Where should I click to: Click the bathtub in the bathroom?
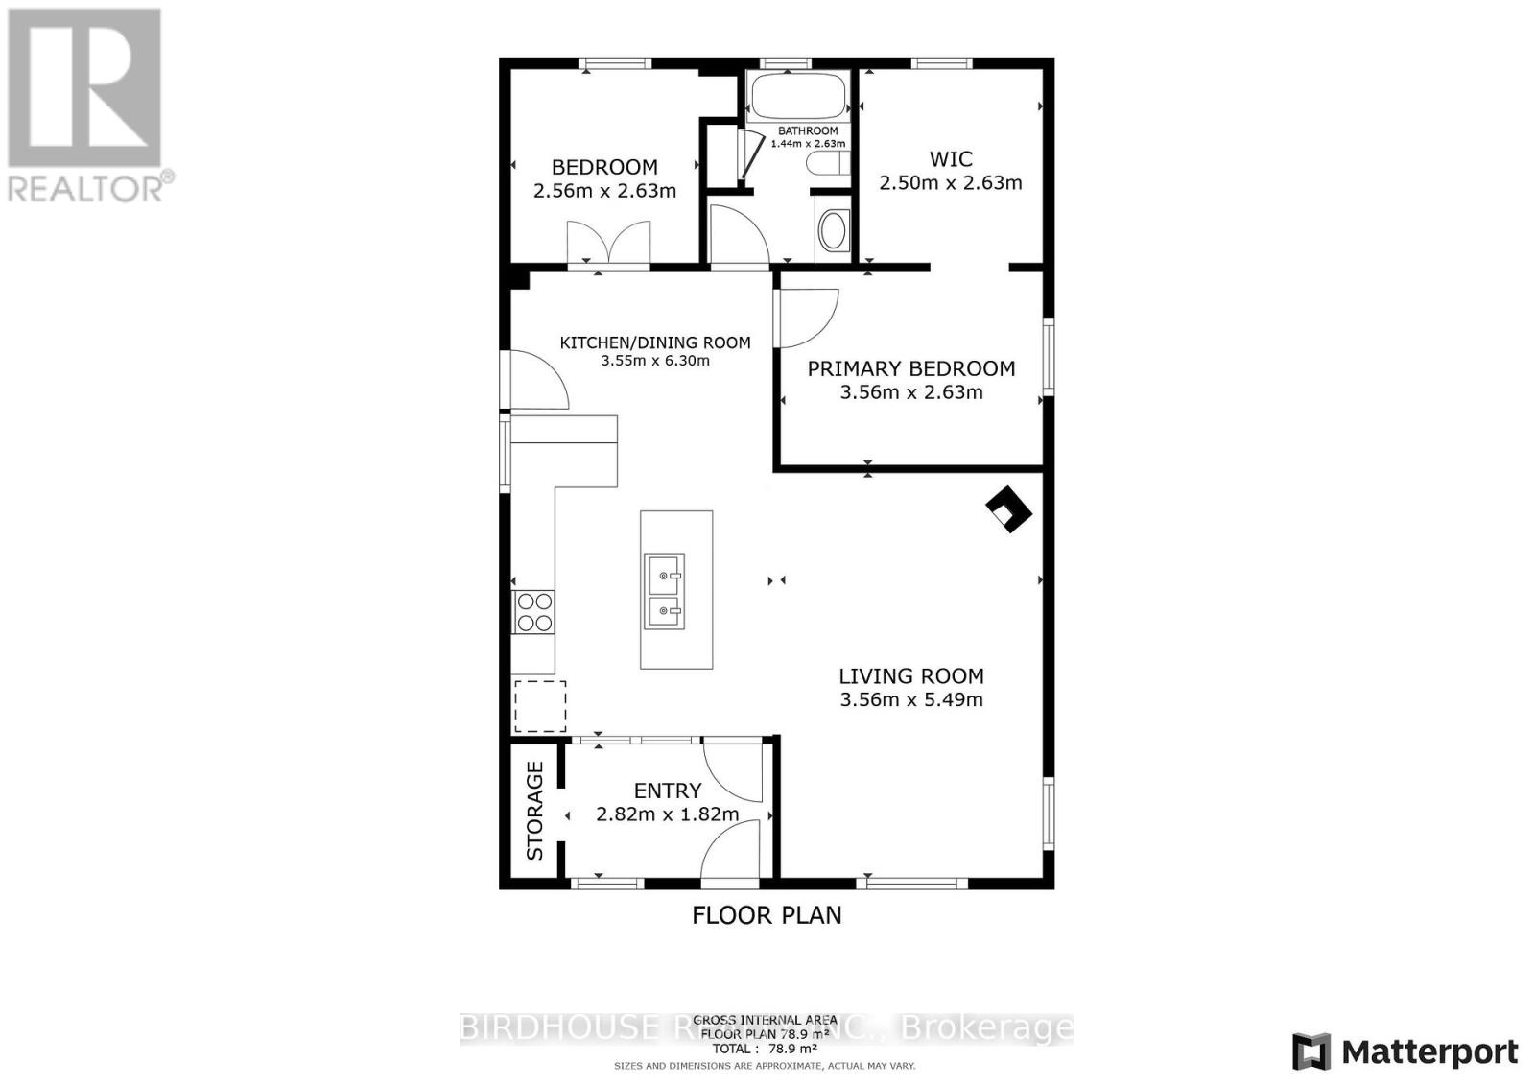797,95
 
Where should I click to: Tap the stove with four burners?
534,612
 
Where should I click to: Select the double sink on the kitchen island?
664,591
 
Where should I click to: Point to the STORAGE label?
535,811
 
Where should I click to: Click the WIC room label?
951,159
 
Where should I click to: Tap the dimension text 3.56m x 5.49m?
911,700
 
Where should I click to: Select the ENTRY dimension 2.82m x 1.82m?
668,814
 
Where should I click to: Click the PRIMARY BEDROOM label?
910,368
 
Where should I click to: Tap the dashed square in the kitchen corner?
540,707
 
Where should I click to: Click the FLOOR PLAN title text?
767,915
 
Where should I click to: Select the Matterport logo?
1406,1051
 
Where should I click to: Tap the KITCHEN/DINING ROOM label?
655,342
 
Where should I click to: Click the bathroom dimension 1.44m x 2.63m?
808,144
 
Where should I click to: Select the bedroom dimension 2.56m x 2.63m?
604,191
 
